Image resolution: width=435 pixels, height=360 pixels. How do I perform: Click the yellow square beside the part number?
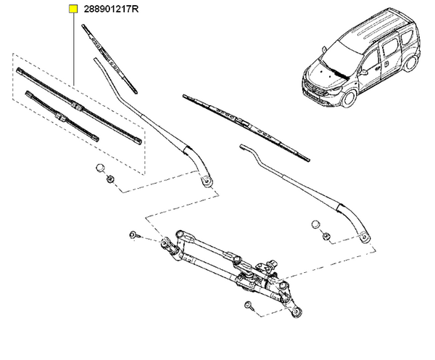tap(73, 9)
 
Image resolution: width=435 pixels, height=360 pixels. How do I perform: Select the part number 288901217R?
tap(111, 9)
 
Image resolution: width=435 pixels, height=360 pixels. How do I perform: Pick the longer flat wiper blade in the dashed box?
tap(79, 106)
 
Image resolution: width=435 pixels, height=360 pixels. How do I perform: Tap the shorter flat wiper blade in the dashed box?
tap(62, 116)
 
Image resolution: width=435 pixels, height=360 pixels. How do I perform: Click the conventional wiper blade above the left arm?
tap(109, 59)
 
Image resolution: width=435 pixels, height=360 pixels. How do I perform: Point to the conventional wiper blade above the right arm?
tap(246, 128)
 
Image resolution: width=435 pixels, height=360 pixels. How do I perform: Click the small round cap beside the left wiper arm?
tap(100, 168)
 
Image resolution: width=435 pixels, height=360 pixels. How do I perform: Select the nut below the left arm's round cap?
tap(111, 179)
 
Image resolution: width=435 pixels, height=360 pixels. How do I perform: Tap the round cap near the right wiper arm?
tap(315, 224)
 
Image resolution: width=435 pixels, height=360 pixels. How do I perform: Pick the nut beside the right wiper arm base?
tap(326, 237)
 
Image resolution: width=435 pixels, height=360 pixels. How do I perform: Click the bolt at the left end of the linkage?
tap(133, 235)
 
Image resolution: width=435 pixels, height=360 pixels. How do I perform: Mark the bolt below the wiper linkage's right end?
tap(249, 305)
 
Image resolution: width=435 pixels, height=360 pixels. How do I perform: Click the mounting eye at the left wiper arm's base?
tap(207, 181)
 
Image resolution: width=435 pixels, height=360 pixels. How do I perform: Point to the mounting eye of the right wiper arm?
tap(365, 237)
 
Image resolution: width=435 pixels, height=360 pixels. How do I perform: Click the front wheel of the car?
tap(349, 98)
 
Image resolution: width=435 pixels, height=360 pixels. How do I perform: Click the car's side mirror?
tap(363, 73)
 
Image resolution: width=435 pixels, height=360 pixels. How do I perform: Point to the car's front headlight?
tap(335, 90)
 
